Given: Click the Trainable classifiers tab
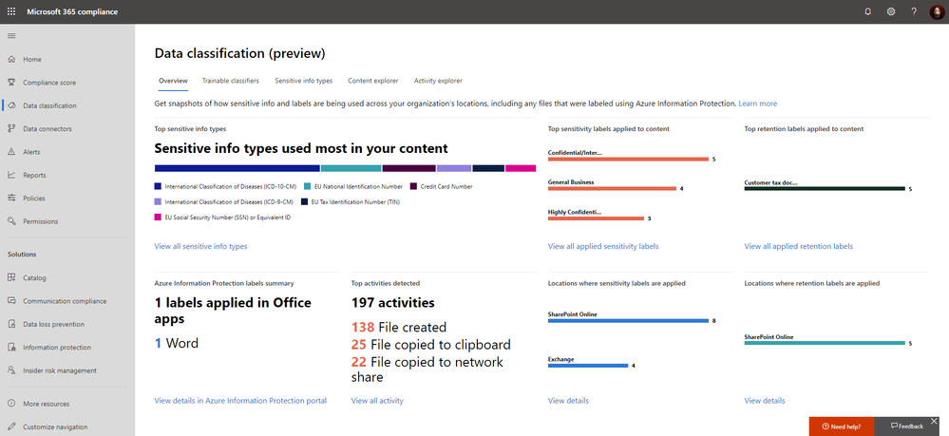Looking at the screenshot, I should (230, 81).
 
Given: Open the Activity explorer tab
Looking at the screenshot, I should (438, 81).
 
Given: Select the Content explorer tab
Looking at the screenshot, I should (373, 81).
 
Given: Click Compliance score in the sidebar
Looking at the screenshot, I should (48, 83).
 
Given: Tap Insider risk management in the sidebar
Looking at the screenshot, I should (60, 370).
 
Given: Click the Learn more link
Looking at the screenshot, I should (757, 103).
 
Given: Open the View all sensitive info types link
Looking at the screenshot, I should (200, 246).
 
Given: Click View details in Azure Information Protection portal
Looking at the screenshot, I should (240, 401).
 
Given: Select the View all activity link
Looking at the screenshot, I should (377, 401).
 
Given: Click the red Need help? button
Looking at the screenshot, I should (841, 427).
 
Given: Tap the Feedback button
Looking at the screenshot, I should (906, 427).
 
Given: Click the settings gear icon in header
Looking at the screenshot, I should (891, 11).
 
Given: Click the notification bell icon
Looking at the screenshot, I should (867, 11).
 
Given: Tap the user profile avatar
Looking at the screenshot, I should (937, 11).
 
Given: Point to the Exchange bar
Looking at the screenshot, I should (588, 365).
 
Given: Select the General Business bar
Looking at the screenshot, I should (612, 188).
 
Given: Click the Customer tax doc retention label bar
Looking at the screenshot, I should (825, 188).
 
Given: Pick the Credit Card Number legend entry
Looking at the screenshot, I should (446, 186).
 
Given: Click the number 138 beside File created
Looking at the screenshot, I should (364, 327).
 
